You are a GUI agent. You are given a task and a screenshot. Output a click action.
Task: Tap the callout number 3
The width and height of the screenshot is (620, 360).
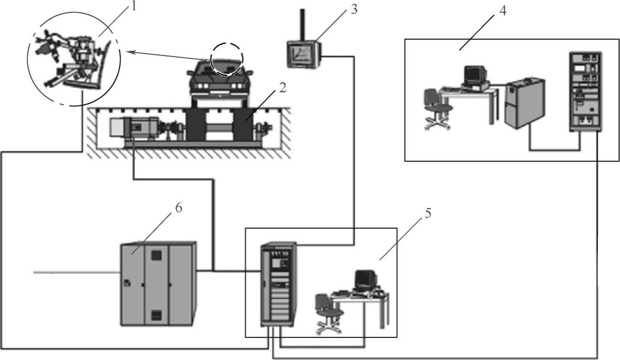click(x=353, y=9)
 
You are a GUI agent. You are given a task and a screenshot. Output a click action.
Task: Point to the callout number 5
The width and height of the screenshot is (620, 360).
click(x=427, y=214)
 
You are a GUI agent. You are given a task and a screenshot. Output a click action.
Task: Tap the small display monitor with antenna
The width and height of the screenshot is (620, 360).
click(x=302, y=53)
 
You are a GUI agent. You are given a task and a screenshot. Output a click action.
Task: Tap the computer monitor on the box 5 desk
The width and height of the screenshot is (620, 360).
click(x=365, y=280)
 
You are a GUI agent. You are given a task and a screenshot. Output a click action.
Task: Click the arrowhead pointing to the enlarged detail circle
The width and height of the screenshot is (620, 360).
click(x=125, y=52)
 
